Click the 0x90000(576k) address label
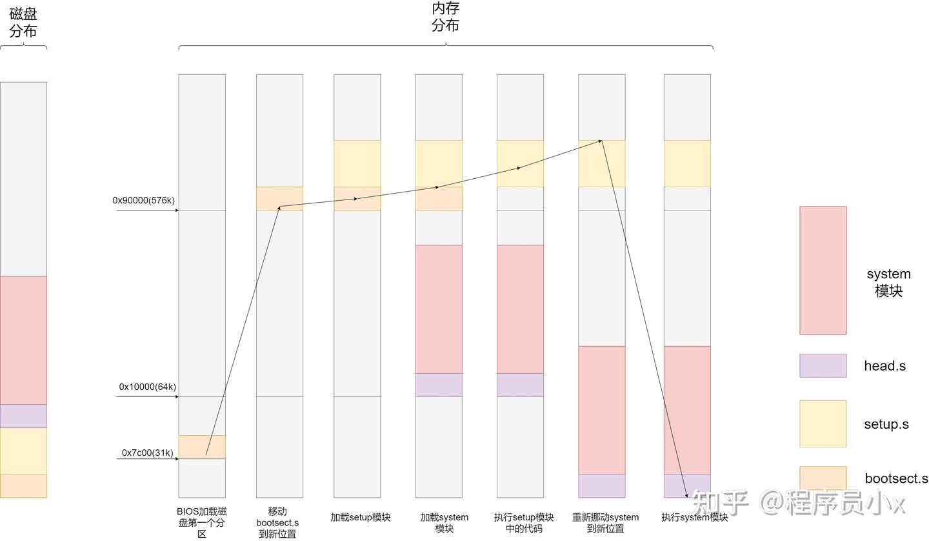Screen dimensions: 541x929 tap(143, 201)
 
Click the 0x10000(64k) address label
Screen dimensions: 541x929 tap(147, 387)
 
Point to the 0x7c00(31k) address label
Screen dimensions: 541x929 tap(147, 453)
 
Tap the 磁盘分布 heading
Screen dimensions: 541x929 tap(23, 23)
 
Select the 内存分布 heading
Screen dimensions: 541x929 tap(445, 17)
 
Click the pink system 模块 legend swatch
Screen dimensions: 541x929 tap(823, 270)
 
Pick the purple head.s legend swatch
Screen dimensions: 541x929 tap(823, 365)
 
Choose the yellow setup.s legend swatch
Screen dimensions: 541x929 tap(823, 424)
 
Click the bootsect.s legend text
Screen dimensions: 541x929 tap(896, 479)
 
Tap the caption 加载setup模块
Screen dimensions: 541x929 tap(360, 518)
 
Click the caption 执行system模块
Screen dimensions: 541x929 tap(694, 518)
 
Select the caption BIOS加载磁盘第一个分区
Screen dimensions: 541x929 tap(202, 522)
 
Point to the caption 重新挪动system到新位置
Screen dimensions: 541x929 tap(605, 522)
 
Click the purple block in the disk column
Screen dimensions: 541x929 tap(23, 416)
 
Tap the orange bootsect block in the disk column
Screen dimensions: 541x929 tap(23, 486)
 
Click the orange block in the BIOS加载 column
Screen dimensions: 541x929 tap(202, 447)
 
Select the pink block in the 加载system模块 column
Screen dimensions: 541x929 tap(439, 309)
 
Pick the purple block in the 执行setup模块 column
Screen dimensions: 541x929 tap(520, 385)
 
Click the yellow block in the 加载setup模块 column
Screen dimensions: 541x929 tap(357, 163)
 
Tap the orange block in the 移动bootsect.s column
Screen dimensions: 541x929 tap(279, 198)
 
